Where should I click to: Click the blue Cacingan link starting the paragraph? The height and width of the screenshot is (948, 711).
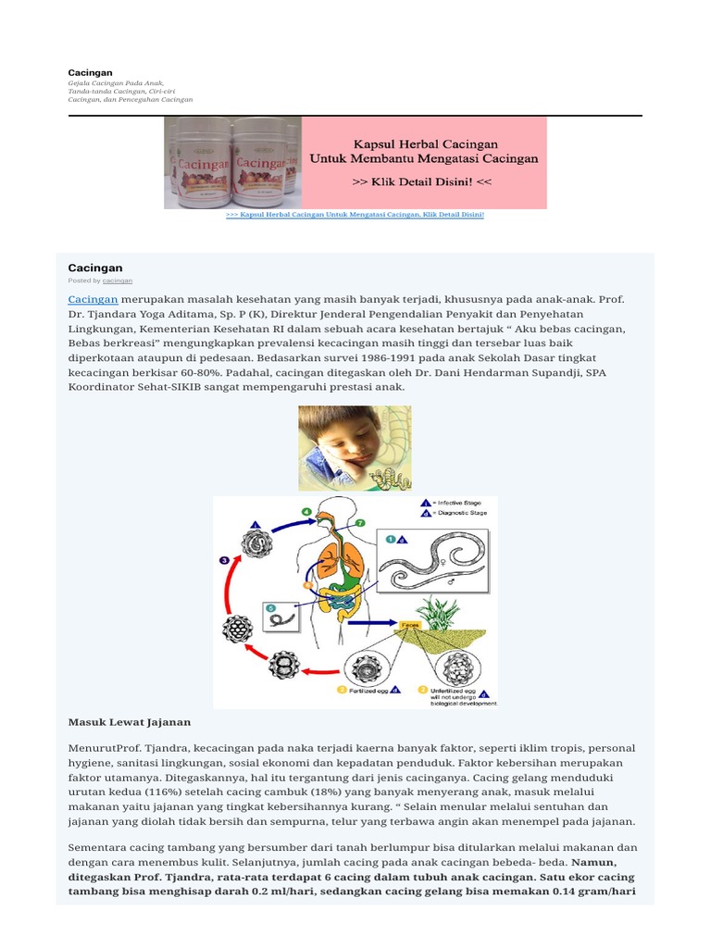coord(93,300)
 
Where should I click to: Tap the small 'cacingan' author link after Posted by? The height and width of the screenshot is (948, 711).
coord(118,280)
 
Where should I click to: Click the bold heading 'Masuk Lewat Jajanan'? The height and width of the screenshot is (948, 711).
coord(130,722)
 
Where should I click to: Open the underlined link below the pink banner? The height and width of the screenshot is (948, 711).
coord(355,215)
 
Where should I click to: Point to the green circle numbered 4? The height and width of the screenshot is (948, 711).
coord(306,512)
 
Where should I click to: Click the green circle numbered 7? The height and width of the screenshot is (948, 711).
coord(359,523)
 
